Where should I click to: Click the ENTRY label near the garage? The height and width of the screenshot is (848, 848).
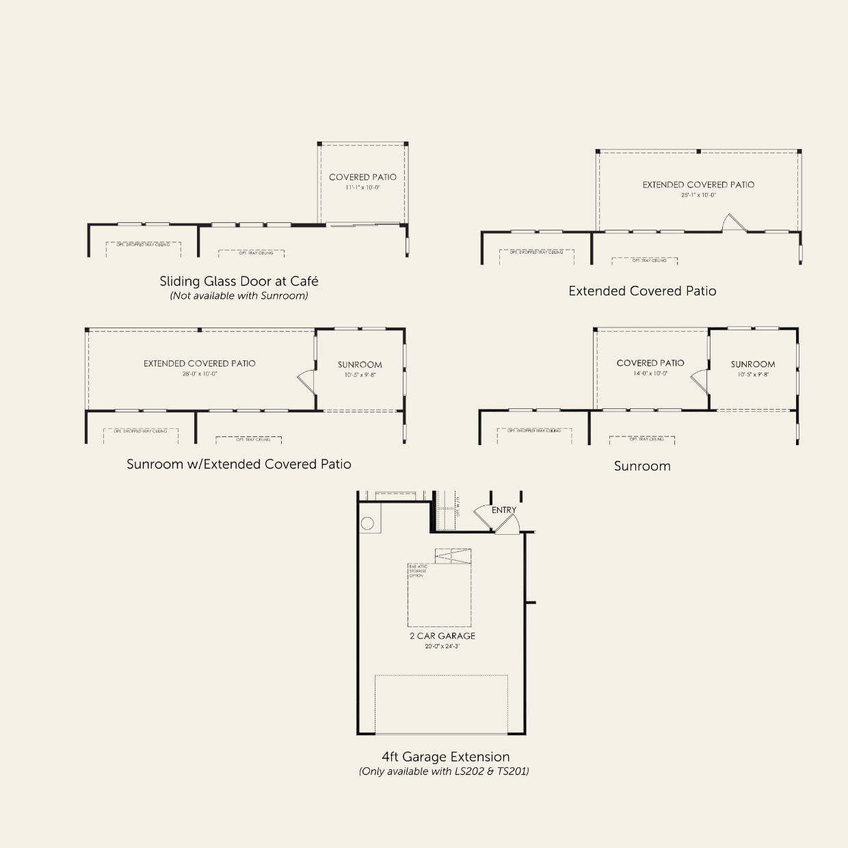coord(504,510)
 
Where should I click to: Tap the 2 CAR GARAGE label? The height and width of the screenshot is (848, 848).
coord(442,636)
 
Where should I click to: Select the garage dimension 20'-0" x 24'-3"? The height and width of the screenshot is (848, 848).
coord(442,646)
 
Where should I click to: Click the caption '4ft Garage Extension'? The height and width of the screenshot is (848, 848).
coord(446,757)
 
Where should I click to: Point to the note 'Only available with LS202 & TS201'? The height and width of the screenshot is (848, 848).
coord(444,771)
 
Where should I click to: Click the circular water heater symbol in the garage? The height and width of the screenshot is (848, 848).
coord(367,524)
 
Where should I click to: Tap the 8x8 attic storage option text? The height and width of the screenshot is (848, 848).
coord(417,571)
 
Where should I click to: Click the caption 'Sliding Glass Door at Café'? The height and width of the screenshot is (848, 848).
coord(239,281)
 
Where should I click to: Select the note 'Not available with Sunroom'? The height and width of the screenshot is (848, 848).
coord(239,296)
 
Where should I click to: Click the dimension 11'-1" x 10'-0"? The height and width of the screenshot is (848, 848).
coord(362,187)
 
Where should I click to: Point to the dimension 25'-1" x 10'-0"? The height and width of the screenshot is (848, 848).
coord(698,195)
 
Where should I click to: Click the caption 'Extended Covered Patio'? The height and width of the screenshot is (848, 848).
coord(642,291)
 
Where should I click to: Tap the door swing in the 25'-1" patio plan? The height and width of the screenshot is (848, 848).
coord(732,222)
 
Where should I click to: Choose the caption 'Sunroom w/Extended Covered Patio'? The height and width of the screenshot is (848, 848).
coord(239,464)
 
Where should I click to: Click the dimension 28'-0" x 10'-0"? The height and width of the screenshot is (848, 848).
coord(200,374)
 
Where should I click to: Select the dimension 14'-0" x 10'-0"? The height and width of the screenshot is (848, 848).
coord(650,373)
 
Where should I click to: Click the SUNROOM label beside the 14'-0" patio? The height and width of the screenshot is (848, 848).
coord(753,365)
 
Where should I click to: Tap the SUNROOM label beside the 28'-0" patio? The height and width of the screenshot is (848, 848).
coord(360,365)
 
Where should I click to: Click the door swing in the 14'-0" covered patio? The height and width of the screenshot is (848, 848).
coord(700,380)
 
